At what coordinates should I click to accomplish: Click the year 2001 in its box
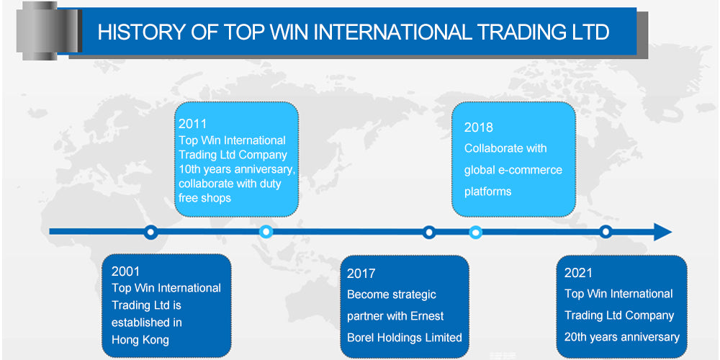(126, 271)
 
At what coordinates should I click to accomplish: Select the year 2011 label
(193, 124)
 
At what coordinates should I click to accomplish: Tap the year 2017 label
(361, 274)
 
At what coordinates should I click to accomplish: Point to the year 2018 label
(479, 127)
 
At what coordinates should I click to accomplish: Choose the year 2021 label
(579, 272)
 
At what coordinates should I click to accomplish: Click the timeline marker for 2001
(150, 232)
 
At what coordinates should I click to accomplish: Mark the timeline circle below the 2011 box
(266, 232)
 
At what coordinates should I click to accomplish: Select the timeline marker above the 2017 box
(429, 232)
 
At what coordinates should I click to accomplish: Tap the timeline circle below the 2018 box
(475, 232)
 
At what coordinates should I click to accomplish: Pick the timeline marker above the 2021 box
(606, 232)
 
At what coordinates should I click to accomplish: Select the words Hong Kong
(141, 340)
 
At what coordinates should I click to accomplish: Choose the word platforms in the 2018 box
(487, 192)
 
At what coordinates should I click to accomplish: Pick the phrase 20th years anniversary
(622, 337)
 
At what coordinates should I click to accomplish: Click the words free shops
(204, 198)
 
